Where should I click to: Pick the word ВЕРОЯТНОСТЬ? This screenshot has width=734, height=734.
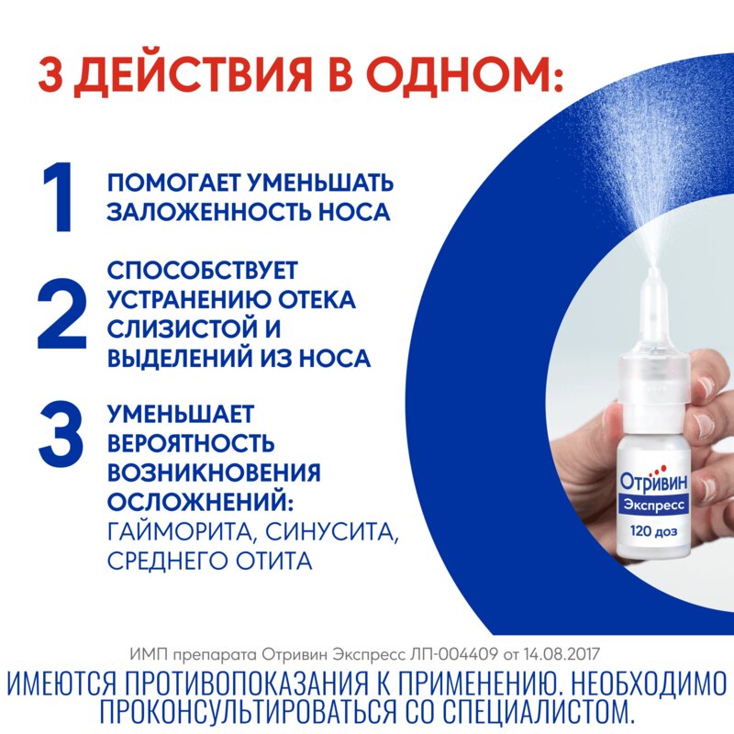coord(191,444)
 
